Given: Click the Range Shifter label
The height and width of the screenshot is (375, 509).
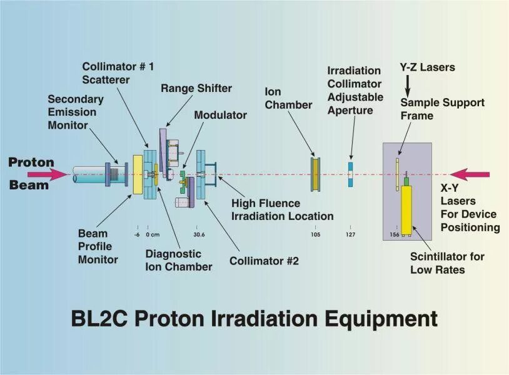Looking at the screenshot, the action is click(196, 88).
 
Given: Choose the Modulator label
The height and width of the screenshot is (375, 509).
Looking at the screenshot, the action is click(220, 116).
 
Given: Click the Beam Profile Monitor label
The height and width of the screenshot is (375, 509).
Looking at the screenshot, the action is click(98, 246).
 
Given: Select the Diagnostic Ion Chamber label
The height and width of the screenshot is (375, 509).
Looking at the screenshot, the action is click(178, 260).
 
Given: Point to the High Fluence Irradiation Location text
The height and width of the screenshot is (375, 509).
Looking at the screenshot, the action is click(282, 209).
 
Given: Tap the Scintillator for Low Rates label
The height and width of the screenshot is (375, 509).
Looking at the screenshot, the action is click(447, 263).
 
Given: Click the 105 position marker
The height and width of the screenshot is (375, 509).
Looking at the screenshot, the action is click(315, 235).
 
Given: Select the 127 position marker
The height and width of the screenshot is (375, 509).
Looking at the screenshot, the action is click(350, 235).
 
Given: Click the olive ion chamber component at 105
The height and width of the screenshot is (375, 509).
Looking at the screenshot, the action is click(316, 174).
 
